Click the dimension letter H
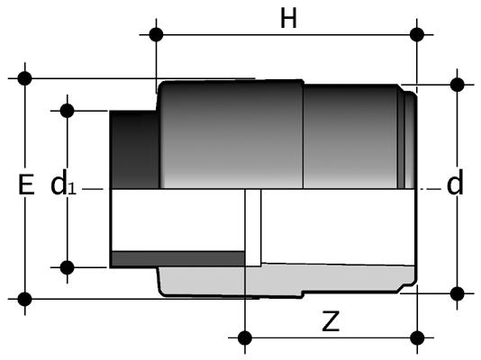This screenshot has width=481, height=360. [x=288, y=19]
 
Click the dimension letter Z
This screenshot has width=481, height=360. [x=331, y=321]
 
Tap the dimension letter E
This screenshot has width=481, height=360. [x=26, y=184]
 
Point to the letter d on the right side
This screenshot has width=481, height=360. [x=455, y=182]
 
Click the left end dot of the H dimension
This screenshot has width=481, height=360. [x=156, y=34]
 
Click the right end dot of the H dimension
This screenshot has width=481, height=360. [x=416, y=34]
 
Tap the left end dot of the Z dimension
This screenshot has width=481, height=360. [x=245, y=337]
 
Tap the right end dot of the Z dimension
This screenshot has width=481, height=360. [x=417, y=337]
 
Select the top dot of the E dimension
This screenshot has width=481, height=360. [x=25, y=78]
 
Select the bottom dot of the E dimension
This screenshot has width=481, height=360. [x=25, y=299]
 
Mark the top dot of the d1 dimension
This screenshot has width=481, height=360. [x=68, y=111]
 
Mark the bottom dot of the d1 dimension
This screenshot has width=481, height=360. [x=68, y=267]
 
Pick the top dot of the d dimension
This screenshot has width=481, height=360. [x=457, y=85]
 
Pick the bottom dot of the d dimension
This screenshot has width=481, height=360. [x=457, y=293]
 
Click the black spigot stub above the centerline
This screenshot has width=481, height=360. [x=134, y=149]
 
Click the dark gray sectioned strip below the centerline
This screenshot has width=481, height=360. [x=178, y=259]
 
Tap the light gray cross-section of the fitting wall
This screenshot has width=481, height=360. [x=286, y=280]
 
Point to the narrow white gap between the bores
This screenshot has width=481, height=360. [x=253, y=228]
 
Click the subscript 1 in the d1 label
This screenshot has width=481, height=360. [x=71, y=189]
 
